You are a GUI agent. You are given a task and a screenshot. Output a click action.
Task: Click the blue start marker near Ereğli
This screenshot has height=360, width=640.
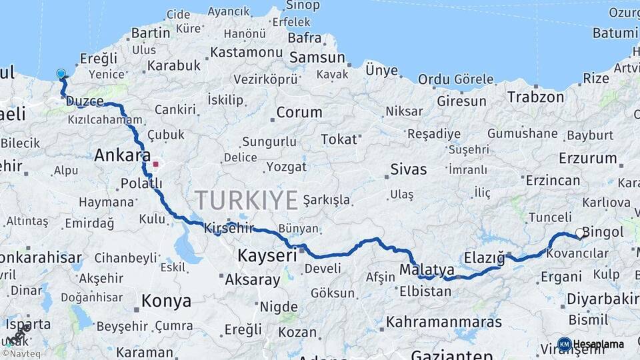[61, 74]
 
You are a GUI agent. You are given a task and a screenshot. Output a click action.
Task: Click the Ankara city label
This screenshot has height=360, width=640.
[122, 156]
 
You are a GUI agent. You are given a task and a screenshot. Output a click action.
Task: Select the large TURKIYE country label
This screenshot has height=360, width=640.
[246, 200]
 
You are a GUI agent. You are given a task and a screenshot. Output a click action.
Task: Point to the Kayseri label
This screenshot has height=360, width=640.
[267, 256]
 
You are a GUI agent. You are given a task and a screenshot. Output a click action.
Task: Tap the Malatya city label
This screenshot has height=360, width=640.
[427, 270]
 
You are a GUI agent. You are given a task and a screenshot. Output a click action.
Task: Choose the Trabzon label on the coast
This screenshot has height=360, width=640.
[535, 97]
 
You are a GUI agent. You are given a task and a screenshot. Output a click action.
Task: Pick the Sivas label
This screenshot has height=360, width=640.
[408, 169]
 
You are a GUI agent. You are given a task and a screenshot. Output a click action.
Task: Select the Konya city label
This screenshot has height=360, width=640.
[166, 301]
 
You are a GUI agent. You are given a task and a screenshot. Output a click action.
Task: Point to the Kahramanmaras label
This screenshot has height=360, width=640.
[443, 322]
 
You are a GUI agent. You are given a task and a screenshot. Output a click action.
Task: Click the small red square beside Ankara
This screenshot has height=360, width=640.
[155, 163]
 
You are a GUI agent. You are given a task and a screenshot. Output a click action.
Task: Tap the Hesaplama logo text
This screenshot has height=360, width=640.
[598, 344]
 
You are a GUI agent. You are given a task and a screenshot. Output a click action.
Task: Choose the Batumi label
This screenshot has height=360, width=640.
[615, 33]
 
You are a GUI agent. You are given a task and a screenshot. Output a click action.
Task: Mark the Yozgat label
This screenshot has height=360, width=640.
[286, 167]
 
